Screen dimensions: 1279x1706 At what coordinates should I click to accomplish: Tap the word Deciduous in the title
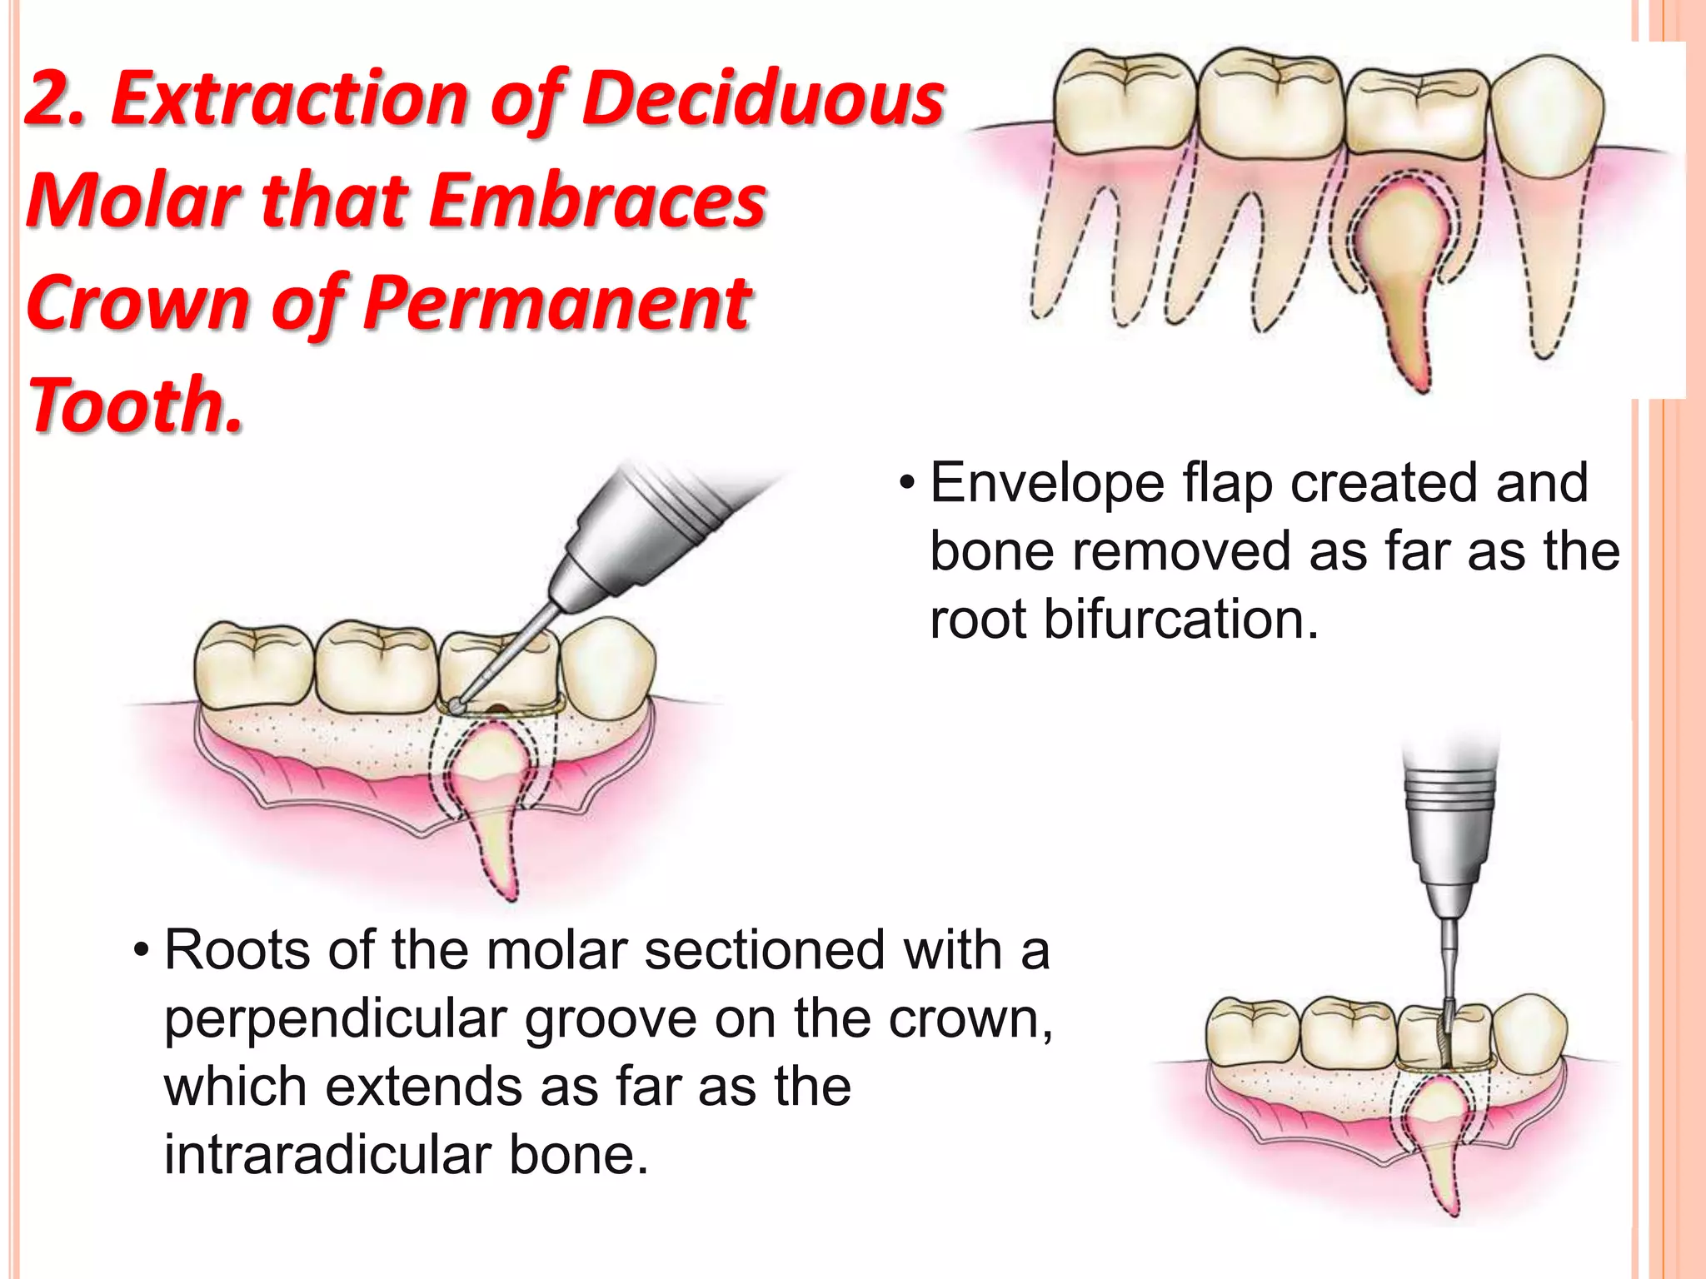[x=762, y=100]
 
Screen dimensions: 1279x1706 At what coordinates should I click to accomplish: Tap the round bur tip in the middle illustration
[x=457, y=705]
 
